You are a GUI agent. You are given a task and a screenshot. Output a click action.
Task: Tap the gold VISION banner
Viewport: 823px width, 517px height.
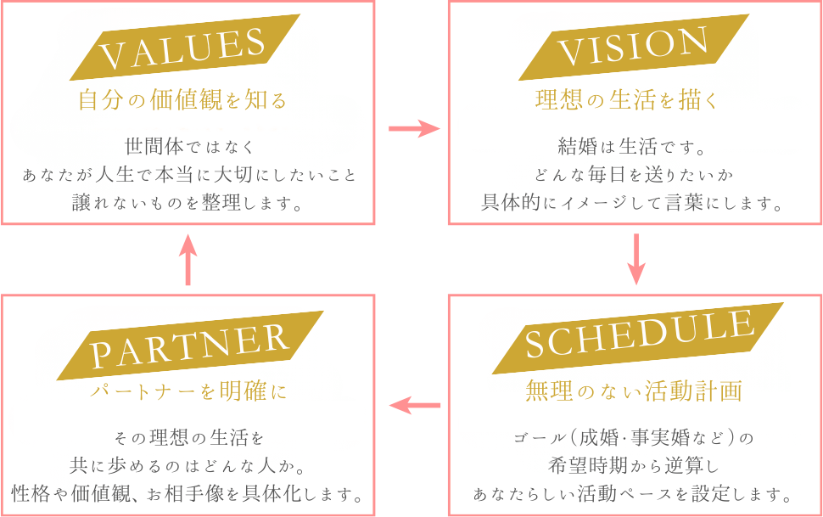635,48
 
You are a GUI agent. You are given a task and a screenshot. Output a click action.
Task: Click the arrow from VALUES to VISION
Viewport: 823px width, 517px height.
413,129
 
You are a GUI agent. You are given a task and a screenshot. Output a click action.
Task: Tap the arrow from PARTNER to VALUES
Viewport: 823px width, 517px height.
188,260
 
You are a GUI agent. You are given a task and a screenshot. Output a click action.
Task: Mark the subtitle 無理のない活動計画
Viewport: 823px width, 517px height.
634,391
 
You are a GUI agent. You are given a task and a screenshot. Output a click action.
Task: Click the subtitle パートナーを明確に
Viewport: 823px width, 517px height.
188,391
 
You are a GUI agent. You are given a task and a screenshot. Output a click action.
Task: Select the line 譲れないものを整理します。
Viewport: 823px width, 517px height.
188,204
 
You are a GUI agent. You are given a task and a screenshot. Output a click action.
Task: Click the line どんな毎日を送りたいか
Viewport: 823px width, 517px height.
633,174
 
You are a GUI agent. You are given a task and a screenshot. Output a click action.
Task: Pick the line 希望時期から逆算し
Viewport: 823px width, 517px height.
633,465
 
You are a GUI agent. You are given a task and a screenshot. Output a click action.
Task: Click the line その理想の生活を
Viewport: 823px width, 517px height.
188,437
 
